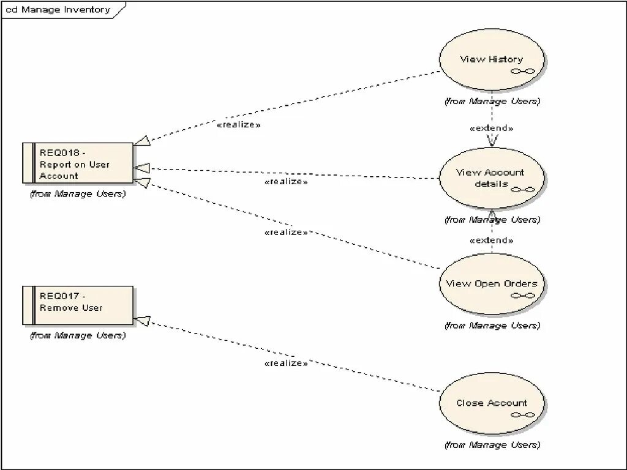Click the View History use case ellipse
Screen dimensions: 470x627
point(492,59)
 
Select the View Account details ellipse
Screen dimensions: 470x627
point(492,177)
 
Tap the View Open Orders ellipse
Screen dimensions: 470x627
point(492,284)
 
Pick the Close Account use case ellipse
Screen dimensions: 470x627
point(492,403)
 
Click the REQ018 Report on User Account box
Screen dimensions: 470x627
point(78,163)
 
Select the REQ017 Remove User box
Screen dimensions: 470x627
point(78,305)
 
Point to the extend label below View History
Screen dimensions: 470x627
point(491,129)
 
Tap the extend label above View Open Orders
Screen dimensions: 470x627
point(491,241)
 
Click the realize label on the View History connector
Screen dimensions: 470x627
point(239,124)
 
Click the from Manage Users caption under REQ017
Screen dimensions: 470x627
point(78,335)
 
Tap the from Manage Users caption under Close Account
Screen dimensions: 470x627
point(492,445)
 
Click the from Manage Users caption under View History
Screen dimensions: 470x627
point(492,101)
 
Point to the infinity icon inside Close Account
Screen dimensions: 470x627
point(523,414)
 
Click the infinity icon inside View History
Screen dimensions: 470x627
point(523,71)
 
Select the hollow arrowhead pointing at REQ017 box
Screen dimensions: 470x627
point(141,321)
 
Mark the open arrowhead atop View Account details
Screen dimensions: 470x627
point(492,141)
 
